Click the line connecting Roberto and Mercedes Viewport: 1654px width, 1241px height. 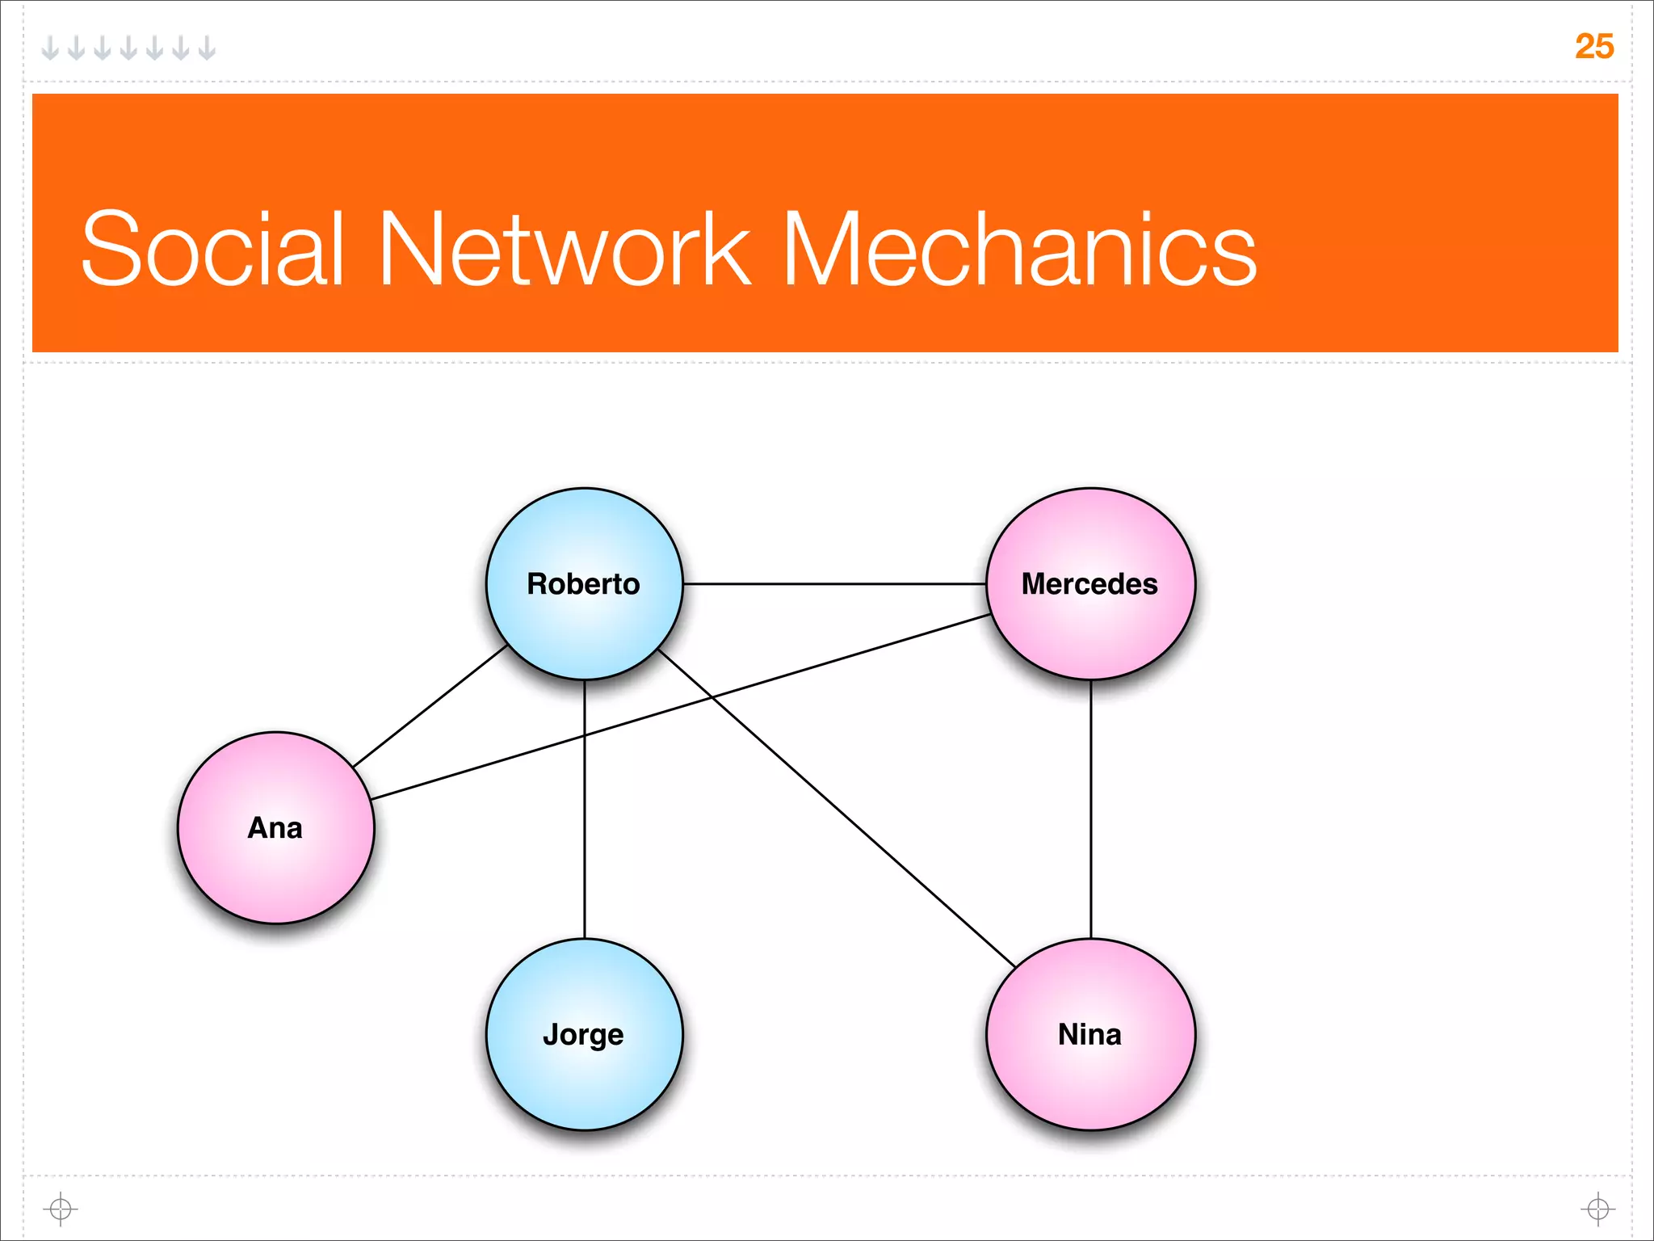point(834,583)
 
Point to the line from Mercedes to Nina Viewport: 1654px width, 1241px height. point(1091,808)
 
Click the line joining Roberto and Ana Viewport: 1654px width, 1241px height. point(430,705)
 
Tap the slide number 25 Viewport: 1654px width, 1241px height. point(1593,46)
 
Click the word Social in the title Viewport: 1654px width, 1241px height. point(214,248)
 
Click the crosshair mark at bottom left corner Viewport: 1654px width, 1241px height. point(61,1209)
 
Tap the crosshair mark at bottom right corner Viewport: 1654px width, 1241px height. point(1597,1209)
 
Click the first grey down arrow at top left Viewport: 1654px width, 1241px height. point(50,48)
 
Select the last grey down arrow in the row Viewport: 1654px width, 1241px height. point(207,48)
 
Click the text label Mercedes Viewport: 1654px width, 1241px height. point(1089,584)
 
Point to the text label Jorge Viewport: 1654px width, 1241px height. point(583,1035)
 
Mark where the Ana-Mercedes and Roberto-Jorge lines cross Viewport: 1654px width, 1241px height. point(585,736)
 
